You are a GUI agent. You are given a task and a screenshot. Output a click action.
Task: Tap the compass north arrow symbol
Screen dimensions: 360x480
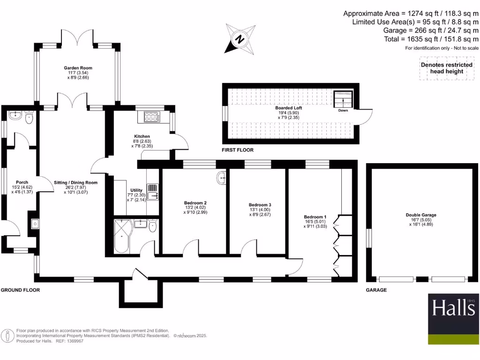(x=240, y=39)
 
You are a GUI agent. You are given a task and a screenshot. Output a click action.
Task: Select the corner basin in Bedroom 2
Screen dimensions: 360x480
(x=222, y=178)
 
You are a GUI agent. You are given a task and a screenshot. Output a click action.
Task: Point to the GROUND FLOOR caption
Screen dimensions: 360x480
(x=20, y=290)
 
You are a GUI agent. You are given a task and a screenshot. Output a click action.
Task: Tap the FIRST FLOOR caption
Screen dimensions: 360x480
(x=238, y=150)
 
